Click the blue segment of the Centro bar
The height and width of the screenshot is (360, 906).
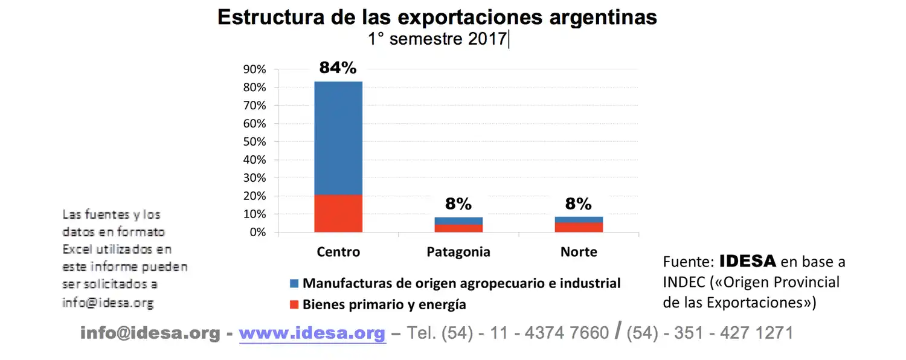tap(338, 138)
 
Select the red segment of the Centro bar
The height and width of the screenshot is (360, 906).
tap(338, 213)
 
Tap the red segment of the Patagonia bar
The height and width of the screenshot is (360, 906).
tap(458, 228)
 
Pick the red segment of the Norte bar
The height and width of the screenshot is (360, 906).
tap(579, 227)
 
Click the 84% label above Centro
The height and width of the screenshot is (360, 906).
tap(338, 68)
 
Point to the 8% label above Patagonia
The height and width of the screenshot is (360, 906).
tap(458, 204)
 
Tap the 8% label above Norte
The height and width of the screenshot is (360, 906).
tap(579, 204)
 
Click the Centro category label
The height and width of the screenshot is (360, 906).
tap(338, 252)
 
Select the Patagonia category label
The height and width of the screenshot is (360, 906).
tap(458, 252)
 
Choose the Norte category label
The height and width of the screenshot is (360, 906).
tap(579, 252)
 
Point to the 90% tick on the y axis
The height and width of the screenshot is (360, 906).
tap(254, 69)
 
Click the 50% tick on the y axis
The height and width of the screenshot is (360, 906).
tap(254, 142)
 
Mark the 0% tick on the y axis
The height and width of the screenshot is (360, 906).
tap(257, 233)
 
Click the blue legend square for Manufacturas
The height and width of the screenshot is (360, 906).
tap(294, 283)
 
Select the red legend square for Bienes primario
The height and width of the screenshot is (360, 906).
tap(294, 304)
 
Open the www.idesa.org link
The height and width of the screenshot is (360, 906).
tap(312, 333)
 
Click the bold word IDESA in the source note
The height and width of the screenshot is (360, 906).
tap(747, 262)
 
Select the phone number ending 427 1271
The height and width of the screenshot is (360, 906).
tap(710, 333)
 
